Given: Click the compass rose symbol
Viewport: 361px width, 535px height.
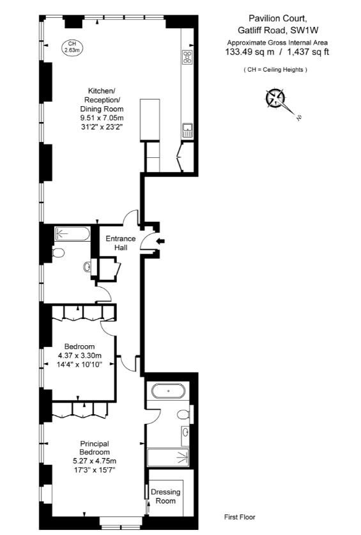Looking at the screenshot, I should pyautogui.click(x=276, y=99).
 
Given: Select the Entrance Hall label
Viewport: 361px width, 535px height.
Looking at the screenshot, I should pyautogui.click(x=121, y=243).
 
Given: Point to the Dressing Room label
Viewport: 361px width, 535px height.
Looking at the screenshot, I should pyautogui.click(x=165, y=497).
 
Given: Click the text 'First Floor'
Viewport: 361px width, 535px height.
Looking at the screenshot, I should pyautogui.click(x=240, y=517).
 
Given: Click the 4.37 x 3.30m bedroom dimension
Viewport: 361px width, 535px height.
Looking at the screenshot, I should pyautogui.click(x=80, y=356).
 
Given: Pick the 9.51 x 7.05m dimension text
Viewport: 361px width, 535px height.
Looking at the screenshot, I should pyautogui.click(x=102, y=118).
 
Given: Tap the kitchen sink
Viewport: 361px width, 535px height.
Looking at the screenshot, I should pyautogui.click(x=188, y=130).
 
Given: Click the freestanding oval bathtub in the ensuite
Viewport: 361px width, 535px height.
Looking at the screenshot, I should pyautogui.click(x=167, y=391).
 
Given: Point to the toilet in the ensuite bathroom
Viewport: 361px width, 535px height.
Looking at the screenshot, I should pyautogui.click(x=183, y=415).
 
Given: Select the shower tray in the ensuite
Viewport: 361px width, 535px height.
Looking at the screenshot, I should pyautogui.click(x=169, y=457).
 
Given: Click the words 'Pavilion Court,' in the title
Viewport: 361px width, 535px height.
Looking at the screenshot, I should pyautogui.click(x=273, y=20).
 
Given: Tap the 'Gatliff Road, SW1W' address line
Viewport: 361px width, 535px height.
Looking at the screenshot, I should pyautogui.click(x=273, y=31).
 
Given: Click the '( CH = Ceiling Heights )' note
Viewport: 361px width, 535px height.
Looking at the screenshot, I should pyautogui.click(x=275, y=70).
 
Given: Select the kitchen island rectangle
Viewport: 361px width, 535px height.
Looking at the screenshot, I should pyautogui.click(x=149, y=120).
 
